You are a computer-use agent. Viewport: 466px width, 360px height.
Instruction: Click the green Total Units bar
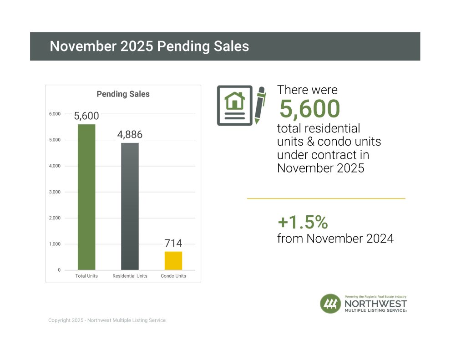coord(86,197)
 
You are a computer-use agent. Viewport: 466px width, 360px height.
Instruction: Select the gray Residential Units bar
coord(130,206)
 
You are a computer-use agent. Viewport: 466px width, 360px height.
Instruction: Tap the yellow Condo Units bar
coord(173,260)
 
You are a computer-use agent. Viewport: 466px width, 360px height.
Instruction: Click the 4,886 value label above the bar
coord(130,135)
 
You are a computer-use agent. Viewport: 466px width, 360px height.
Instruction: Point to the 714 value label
coord(173,243)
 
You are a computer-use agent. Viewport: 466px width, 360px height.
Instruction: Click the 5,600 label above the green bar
coord(86,116)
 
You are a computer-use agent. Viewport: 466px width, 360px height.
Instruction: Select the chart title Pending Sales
coord(123,94)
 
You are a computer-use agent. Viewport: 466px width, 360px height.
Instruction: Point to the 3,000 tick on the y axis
coord(55,192)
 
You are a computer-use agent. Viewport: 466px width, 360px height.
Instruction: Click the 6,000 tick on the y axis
coord(55,114)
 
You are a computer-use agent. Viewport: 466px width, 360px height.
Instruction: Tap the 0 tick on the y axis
coord(59,270)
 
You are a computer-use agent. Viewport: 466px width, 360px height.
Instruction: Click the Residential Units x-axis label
coord(130,276)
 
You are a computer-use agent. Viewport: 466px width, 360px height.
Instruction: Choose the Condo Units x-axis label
coord(173,276)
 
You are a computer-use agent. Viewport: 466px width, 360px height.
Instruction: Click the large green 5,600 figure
coord(309,109)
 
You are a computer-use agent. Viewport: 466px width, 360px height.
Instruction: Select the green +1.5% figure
coord(303,222)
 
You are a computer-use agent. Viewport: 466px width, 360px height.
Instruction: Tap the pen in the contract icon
coord(260,105)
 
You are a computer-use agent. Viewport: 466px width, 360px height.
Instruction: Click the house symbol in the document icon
coord(234,100)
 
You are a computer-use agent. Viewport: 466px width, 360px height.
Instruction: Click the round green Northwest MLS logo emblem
coord(330,304)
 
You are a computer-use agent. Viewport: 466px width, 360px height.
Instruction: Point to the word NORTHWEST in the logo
coord(375,304)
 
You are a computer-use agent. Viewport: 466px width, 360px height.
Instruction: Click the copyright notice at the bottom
coord(107,320)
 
